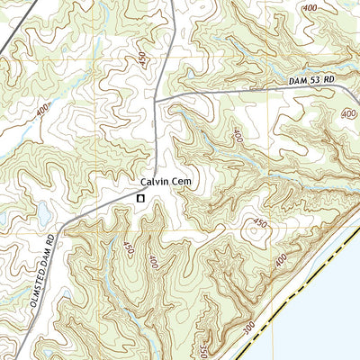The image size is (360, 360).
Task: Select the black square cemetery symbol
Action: (140, 198)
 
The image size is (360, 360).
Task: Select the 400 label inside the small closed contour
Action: (349, 113)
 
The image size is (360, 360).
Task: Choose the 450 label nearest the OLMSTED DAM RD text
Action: (129, 247)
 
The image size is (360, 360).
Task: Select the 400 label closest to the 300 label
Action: (280, 260)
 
